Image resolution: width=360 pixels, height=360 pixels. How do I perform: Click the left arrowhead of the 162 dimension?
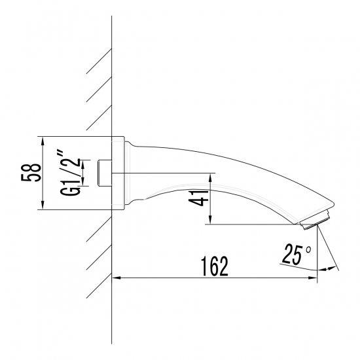point(117,279)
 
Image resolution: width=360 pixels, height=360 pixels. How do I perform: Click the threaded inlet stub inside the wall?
point(103,173)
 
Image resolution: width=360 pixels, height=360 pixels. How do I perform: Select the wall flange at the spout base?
point(118,174)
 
